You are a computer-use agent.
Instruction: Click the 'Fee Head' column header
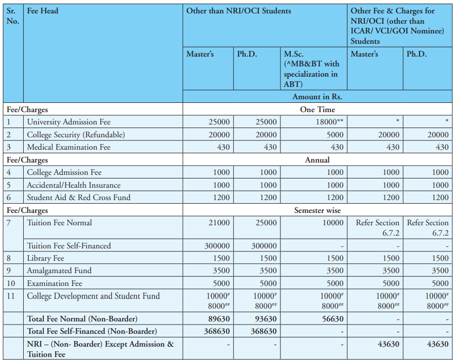click(43, 11)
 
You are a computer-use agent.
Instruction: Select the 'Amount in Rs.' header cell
click(317, 96)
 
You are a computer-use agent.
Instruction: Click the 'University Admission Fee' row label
click(68, 122)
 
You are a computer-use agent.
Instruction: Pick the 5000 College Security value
click(335, 135)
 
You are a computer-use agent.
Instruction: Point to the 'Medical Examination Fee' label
click(68, 147)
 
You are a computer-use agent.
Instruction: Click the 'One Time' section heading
click(318, 110)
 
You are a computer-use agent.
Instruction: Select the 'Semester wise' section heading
click(318, 210)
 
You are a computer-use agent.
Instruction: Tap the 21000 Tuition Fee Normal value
click(219, 223)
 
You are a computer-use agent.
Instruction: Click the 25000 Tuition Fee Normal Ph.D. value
click(266, 223)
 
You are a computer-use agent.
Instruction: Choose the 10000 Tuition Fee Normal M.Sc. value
click(332, 223)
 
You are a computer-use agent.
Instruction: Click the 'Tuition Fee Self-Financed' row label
click(69, 246)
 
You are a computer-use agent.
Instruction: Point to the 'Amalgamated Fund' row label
click(59, 271)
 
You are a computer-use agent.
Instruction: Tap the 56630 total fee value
click(332, 319)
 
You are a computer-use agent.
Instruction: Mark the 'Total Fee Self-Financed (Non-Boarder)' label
click(92, 331)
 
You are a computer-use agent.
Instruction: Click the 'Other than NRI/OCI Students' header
click(238, 11)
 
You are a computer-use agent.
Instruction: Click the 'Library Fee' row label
click(46, 258)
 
